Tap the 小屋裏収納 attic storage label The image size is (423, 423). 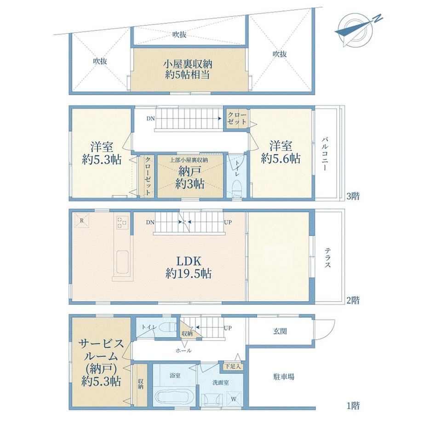point(188,64)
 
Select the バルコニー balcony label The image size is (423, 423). point(326,154)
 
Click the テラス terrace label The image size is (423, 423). point(327,257)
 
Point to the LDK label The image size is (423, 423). point(189,261)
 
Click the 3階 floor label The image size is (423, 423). point(353,196)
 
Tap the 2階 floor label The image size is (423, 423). point(353,300)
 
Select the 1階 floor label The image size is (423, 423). point(353,406)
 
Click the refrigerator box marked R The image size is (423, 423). point(82,220)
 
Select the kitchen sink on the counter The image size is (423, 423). point(122,262)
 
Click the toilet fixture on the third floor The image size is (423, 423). point(237,188)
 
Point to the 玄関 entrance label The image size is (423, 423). point(280,331)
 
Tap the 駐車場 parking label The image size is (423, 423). point(284,377)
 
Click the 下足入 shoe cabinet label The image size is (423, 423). point(233,366)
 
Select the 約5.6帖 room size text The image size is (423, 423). point(280,158)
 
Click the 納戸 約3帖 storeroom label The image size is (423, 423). point(189,177)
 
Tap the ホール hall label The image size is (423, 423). point(183,350)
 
